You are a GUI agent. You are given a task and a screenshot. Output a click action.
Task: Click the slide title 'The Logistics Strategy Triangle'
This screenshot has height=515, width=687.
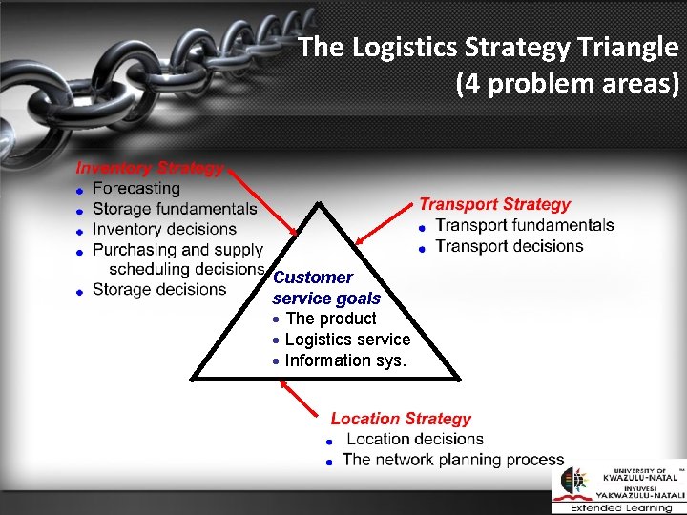coord(488,48)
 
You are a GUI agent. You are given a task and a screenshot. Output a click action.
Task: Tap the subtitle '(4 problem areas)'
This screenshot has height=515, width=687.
coord(568,85)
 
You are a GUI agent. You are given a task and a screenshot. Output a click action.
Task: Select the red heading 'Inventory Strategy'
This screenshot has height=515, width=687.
coord(150,168)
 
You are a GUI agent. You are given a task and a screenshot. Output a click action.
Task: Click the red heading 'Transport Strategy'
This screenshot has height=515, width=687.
coord(494,204)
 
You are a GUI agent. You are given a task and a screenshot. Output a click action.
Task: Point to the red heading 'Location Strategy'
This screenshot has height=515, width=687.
coord(401,419)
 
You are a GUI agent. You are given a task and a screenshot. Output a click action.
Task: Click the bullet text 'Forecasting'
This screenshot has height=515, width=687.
coord(136,189)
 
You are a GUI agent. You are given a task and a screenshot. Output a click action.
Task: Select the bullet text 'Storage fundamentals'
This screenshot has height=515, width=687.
coord(175,209)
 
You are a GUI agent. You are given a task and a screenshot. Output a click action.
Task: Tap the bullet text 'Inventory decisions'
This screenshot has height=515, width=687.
coord(164,229)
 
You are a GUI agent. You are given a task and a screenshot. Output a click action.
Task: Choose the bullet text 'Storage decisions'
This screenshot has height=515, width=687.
coord(159,289)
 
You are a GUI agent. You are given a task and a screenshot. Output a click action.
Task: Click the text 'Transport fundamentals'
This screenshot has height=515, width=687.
coord(525,225)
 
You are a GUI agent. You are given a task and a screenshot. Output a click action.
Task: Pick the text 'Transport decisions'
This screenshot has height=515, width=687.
coord(510,246)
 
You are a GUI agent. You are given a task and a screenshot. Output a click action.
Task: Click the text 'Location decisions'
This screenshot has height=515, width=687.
coord(415,439)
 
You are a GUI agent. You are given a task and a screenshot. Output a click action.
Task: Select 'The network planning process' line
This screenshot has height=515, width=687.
coord(453,460)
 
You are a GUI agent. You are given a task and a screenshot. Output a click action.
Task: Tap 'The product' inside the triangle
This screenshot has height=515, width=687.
coord(330,319)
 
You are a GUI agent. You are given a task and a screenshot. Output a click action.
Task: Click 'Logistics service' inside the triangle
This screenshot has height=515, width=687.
coord(347,340)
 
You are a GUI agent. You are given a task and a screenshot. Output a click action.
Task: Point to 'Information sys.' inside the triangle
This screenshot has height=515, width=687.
coord(345,360)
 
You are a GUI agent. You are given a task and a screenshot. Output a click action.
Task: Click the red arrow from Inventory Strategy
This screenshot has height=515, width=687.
coord(262,200)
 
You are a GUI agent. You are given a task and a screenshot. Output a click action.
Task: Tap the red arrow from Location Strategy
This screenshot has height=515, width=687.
coord(300,397)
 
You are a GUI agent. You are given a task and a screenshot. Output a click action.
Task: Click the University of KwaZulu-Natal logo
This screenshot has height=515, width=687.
coord(618,487)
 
